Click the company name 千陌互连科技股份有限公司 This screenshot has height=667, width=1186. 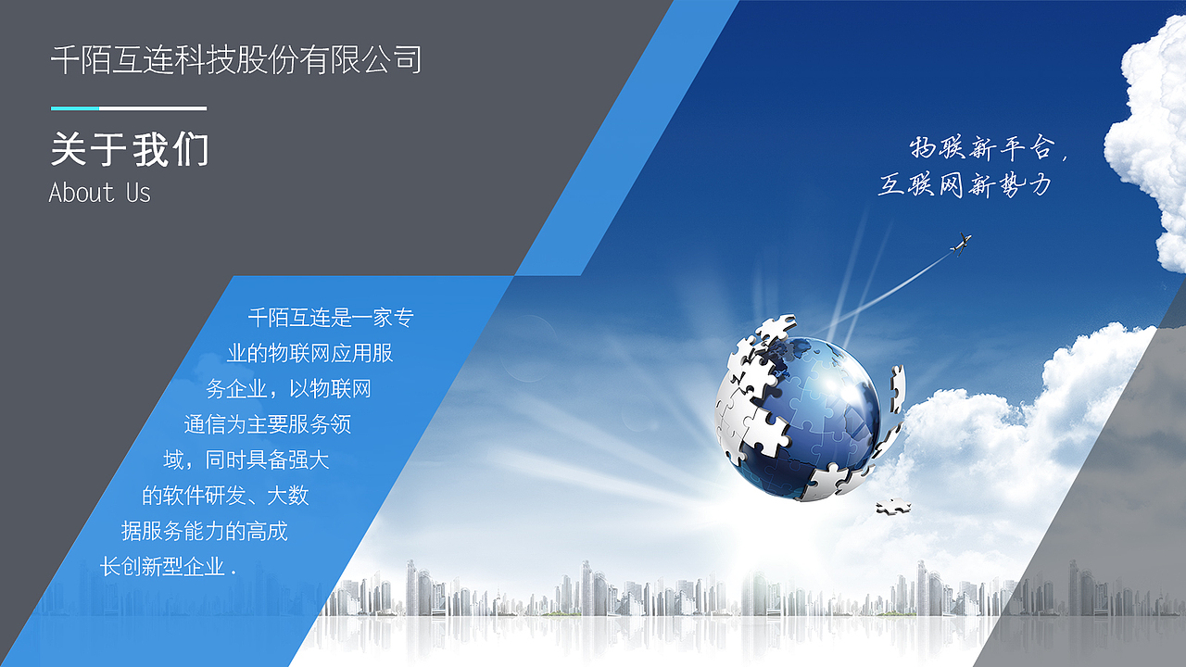[x=236, y=60]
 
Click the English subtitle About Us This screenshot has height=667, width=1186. [x=99, y=193]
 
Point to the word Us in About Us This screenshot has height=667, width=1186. [x=138, y=193]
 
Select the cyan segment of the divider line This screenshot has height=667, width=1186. [x=74, y=108]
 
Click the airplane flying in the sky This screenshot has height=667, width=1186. [x=961, y=243]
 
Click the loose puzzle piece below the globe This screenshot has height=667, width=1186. [x=893, y=506]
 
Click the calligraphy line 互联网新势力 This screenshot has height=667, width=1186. [x=965, y=185]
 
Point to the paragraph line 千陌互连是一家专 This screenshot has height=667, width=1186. [x=330, y=319]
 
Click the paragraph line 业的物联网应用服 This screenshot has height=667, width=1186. [x=309, y=354]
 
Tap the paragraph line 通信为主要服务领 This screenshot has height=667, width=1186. [x=267, y=424]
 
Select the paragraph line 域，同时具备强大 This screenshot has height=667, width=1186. [x=246, y=459]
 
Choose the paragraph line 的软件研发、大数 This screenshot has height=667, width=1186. [x=225, y=496]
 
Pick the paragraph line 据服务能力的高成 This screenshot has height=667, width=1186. [x=204, y=531]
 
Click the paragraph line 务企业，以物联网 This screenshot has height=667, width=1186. [x=288, y=389]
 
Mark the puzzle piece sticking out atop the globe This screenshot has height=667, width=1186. [x=776, y=327]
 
